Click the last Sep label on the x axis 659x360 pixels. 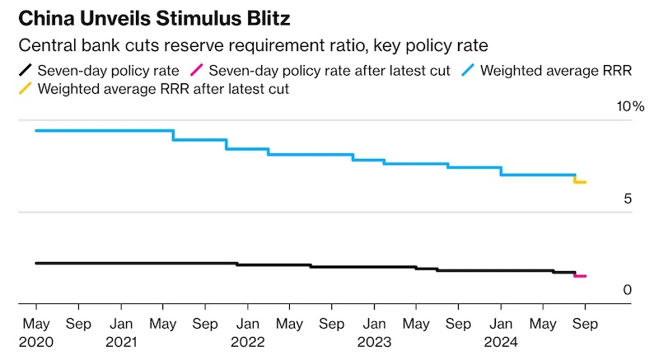(x=585, y=324)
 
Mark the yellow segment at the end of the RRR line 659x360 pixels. (x=580, y=181)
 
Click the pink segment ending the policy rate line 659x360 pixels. (x=580, y=275)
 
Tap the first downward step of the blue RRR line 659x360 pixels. (x=173, y=135)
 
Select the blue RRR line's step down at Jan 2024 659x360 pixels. (x=501, y=171)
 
